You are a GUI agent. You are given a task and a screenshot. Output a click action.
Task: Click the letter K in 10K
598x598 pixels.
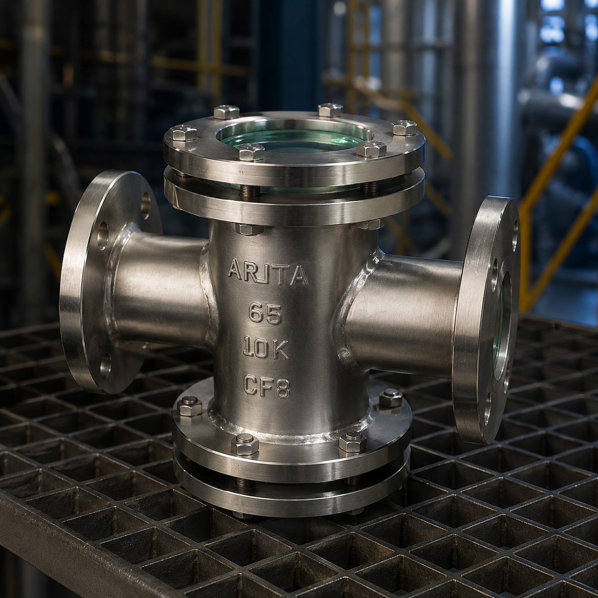pyautogui.click(x=281, y=348)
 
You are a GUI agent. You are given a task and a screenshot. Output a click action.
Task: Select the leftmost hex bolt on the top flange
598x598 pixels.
pyautogui.click(x=184, y=132)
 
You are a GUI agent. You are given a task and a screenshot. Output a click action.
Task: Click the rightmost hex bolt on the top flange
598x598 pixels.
pyautogui.click(x=404, y=127)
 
